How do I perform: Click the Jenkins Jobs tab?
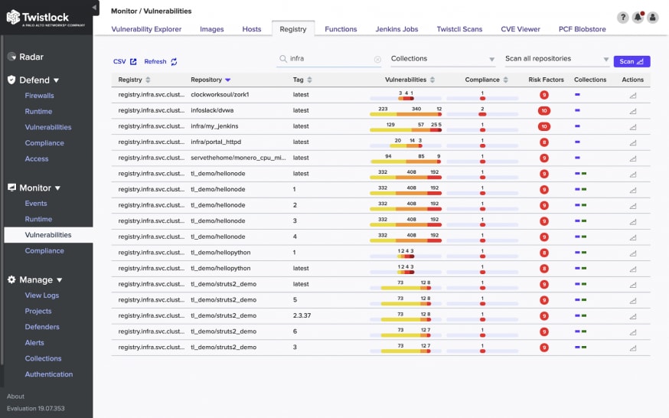(x=397, y=29)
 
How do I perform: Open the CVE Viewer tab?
(x=521, y=29)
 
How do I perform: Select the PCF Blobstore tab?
(x=583, y=29)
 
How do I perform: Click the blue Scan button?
(x=631, y=61)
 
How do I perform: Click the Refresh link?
(x=160, y=62)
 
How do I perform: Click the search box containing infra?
(x=329, y=59)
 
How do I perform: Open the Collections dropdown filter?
(x=442, y=59)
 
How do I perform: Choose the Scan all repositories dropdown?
(x=556, y=59)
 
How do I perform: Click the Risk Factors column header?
(x=545, y=80)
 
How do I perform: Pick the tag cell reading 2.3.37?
(x=302, y=315)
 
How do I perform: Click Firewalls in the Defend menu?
(x=40, y=96)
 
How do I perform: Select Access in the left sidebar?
(x=37, y=159)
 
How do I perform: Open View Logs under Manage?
(x=42, y=296)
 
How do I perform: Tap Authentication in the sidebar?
(x=49, y=374)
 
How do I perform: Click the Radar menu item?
(x=31, y=57)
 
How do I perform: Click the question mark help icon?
(x=622, y=18)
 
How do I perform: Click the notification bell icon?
(x=638, y=18)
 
